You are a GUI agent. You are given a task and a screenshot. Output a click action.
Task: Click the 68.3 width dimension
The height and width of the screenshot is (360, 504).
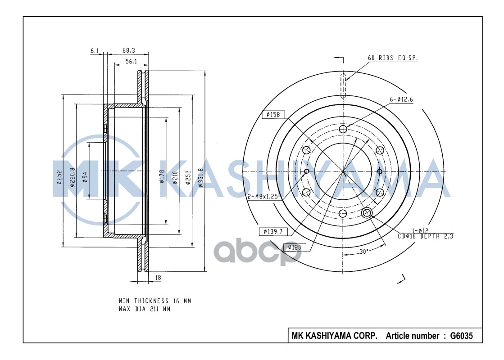128,50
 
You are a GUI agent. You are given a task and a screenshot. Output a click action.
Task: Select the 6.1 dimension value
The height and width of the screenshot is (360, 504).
94,50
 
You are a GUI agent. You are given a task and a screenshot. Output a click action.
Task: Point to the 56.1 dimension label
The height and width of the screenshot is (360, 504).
131,61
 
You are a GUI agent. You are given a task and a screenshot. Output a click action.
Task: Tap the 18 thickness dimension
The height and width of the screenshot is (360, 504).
158,278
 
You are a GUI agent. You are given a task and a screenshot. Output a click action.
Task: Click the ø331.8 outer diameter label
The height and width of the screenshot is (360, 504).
201,177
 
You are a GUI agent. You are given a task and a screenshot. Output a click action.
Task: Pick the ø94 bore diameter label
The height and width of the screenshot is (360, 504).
85,177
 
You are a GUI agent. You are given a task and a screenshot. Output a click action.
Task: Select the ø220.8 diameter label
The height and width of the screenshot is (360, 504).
73,177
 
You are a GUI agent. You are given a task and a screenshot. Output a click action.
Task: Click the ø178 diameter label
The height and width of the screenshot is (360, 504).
162,176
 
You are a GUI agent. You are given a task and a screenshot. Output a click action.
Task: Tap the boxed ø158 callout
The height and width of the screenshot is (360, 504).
273,114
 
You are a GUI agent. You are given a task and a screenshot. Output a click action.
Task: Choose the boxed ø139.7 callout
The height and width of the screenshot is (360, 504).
273,231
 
